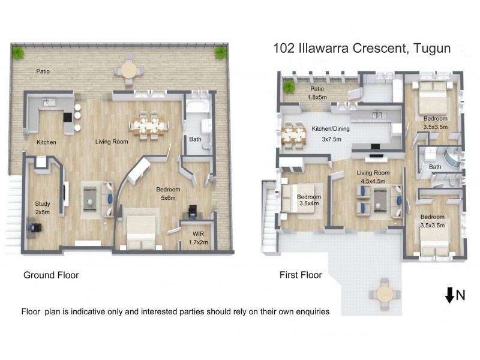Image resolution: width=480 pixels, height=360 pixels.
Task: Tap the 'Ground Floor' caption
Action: [x=51, y=275]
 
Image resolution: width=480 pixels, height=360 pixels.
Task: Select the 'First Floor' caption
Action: [x=301, y=275]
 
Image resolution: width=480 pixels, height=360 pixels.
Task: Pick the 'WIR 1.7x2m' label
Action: [x=199, y=238]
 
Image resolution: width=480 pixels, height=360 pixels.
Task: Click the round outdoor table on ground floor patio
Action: [x=129, y=70]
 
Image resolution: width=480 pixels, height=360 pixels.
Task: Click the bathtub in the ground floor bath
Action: [x=196, y=109]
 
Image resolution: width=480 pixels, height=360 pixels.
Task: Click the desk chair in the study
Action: [x=34, y=229]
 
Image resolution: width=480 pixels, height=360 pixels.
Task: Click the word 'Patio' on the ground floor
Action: [x=42, y=71]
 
